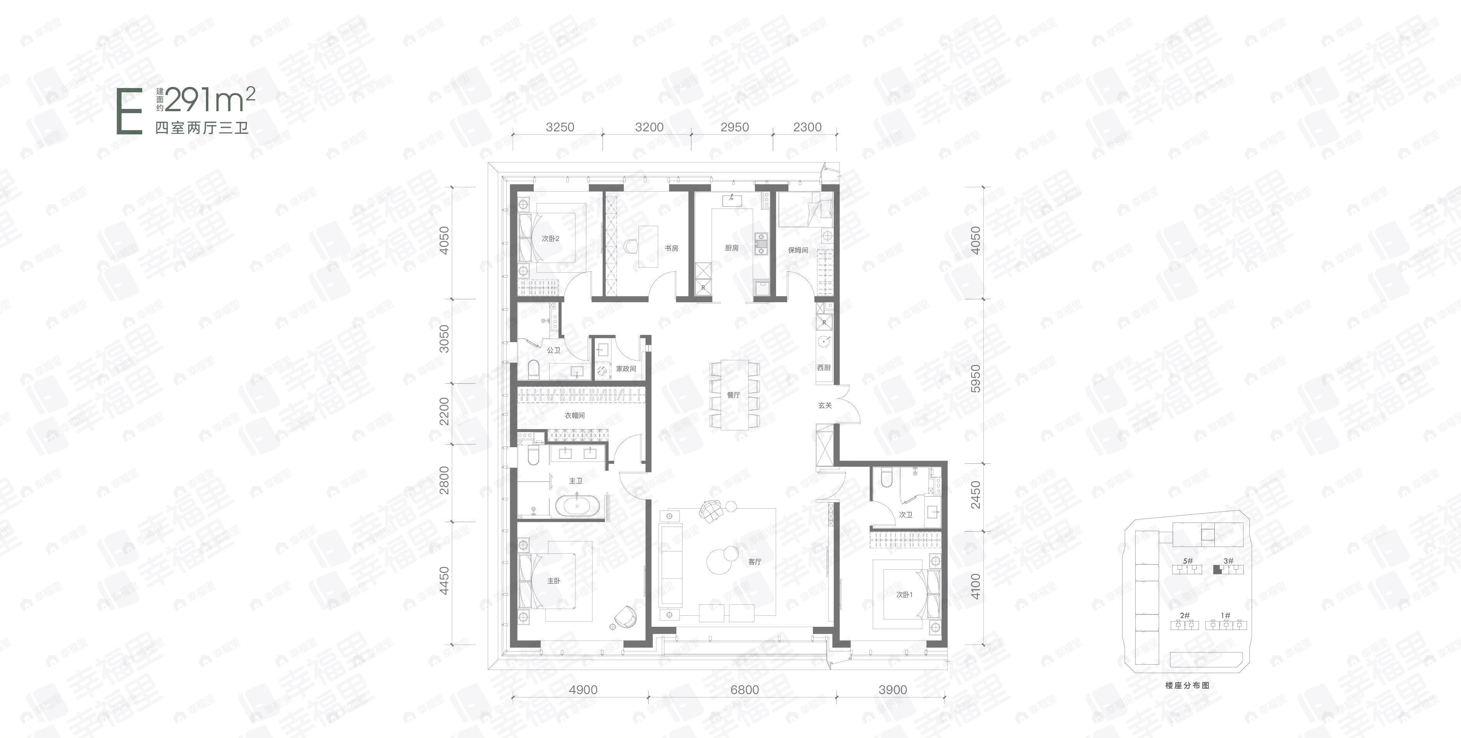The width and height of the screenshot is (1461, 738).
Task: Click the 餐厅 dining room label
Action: tap(733, 395)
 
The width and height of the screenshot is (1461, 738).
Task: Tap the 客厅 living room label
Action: tap(754, 562)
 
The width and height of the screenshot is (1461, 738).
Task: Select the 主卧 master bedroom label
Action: tap(553, 581)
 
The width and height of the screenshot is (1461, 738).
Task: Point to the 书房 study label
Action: tap(671, 248)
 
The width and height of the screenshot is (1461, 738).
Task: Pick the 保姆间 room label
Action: tap(797, 250)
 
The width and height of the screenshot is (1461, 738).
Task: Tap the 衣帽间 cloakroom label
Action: tap(574, 416)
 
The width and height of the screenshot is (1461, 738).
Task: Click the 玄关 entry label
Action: tap(825, 405)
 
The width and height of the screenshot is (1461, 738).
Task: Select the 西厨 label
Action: tap(824, 368)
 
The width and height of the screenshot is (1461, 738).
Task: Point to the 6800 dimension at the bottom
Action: tap(744, 690)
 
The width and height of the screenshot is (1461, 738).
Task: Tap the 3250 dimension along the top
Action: tap(560, 127)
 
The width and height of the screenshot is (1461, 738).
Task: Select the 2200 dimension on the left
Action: tap(444, 411)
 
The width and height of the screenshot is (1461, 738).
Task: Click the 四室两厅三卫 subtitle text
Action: tap(202, 128)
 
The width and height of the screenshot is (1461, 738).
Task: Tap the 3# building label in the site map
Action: tap(1228, 561)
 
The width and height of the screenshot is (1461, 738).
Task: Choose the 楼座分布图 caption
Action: tap(1187, 685)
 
